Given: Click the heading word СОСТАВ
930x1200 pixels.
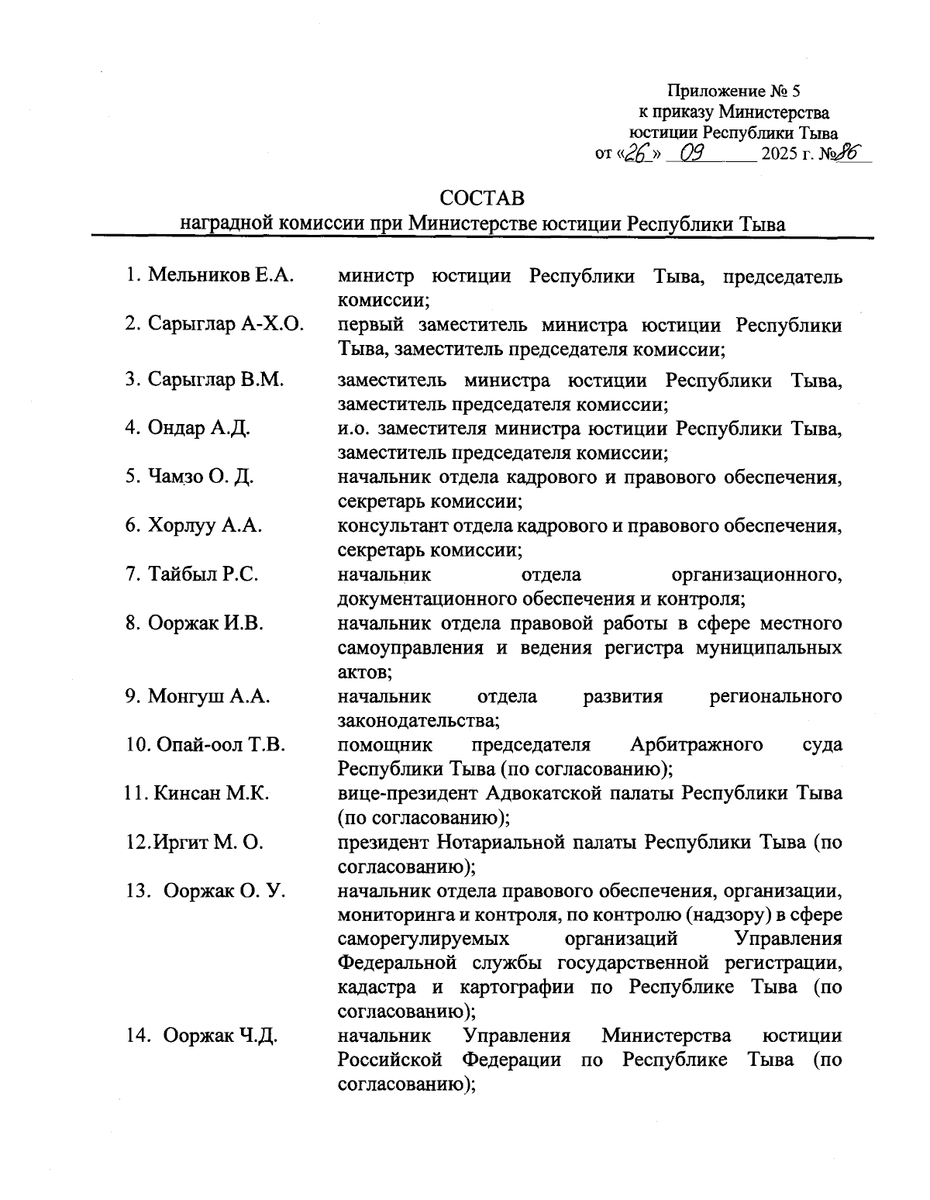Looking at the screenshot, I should click(481, 198).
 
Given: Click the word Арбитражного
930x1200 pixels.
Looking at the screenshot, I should click(697, 745).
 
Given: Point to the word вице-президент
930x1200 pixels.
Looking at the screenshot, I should click(408, 793).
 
